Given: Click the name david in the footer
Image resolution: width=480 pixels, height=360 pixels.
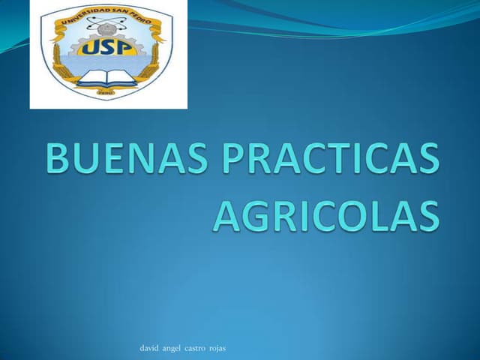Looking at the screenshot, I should [x=149, y=348].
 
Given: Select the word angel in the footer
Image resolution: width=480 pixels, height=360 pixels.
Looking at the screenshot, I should [x=172, y=349].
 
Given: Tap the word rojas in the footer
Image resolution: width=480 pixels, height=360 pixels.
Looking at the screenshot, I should [x=217, y=349].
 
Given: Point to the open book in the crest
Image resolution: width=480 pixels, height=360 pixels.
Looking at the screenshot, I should [x=106, y=76].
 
